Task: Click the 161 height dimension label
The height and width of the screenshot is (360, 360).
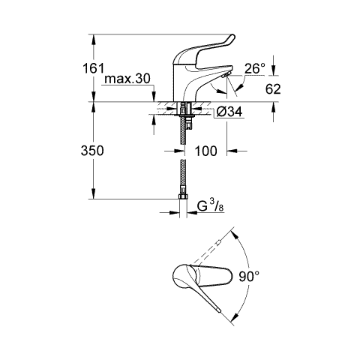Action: (x=93, y=68)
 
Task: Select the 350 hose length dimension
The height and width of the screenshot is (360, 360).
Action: (x=92, y=151)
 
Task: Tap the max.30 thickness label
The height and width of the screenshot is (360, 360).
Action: (x=127, y=79)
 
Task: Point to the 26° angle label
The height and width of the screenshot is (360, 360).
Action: (x=254, y=68)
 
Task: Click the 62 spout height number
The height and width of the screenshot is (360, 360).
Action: (x=273, y=89)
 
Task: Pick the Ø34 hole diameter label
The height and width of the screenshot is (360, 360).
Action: (x=229, y=112)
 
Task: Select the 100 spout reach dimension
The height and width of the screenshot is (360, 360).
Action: (x=205, y=151)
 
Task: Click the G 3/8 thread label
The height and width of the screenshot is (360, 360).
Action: (x=210, y=206)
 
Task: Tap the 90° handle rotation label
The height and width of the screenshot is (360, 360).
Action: (x=249, y=277)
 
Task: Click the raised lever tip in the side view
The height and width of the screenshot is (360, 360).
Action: (x=232, y=37)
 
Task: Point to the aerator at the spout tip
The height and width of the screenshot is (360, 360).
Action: (x=226, y=74)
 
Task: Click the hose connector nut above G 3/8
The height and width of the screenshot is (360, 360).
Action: (x=183, y=196)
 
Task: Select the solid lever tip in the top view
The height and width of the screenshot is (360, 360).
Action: (x=220, y=310)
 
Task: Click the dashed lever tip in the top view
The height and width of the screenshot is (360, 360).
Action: (x=219, y=241)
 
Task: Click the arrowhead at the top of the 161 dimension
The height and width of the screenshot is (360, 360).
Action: (x=94, y=40)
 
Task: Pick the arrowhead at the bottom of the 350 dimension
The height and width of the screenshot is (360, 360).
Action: (x=94, y=193)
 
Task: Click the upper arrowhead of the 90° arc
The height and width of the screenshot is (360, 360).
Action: (x=234, y=235)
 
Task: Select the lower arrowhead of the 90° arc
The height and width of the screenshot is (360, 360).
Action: (x=234, y=317)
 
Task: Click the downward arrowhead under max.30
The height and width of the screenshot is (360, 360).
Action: (x=154, y=97)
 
